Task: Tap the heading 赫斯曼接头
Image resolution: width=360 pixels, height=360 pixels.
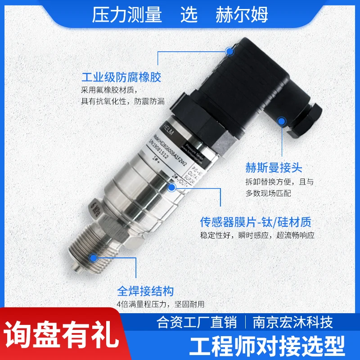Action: [x=273, y=168]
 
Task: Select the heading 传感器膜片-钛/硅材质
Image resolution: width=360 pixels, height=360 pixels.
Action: [x=256, y=222]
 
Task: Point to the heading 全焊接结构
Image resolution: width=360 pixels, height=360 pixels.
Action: [x=145, y=291]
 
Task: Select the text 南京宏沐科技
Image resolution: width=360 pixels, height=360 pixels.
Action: [x=293, y=323]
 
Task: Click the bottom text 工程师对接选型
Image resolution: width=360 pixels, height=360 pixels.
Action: [x=268, y=346]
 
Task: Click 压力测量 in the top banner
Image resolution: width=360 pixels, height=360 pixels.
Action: [x=127, y=15]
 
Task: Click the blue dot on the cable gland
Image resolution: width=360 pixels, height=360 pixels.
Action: [x=282, y=121]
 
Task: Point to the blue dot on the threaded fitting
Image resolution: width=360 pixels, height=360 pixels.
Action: [x=94, y=257]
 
